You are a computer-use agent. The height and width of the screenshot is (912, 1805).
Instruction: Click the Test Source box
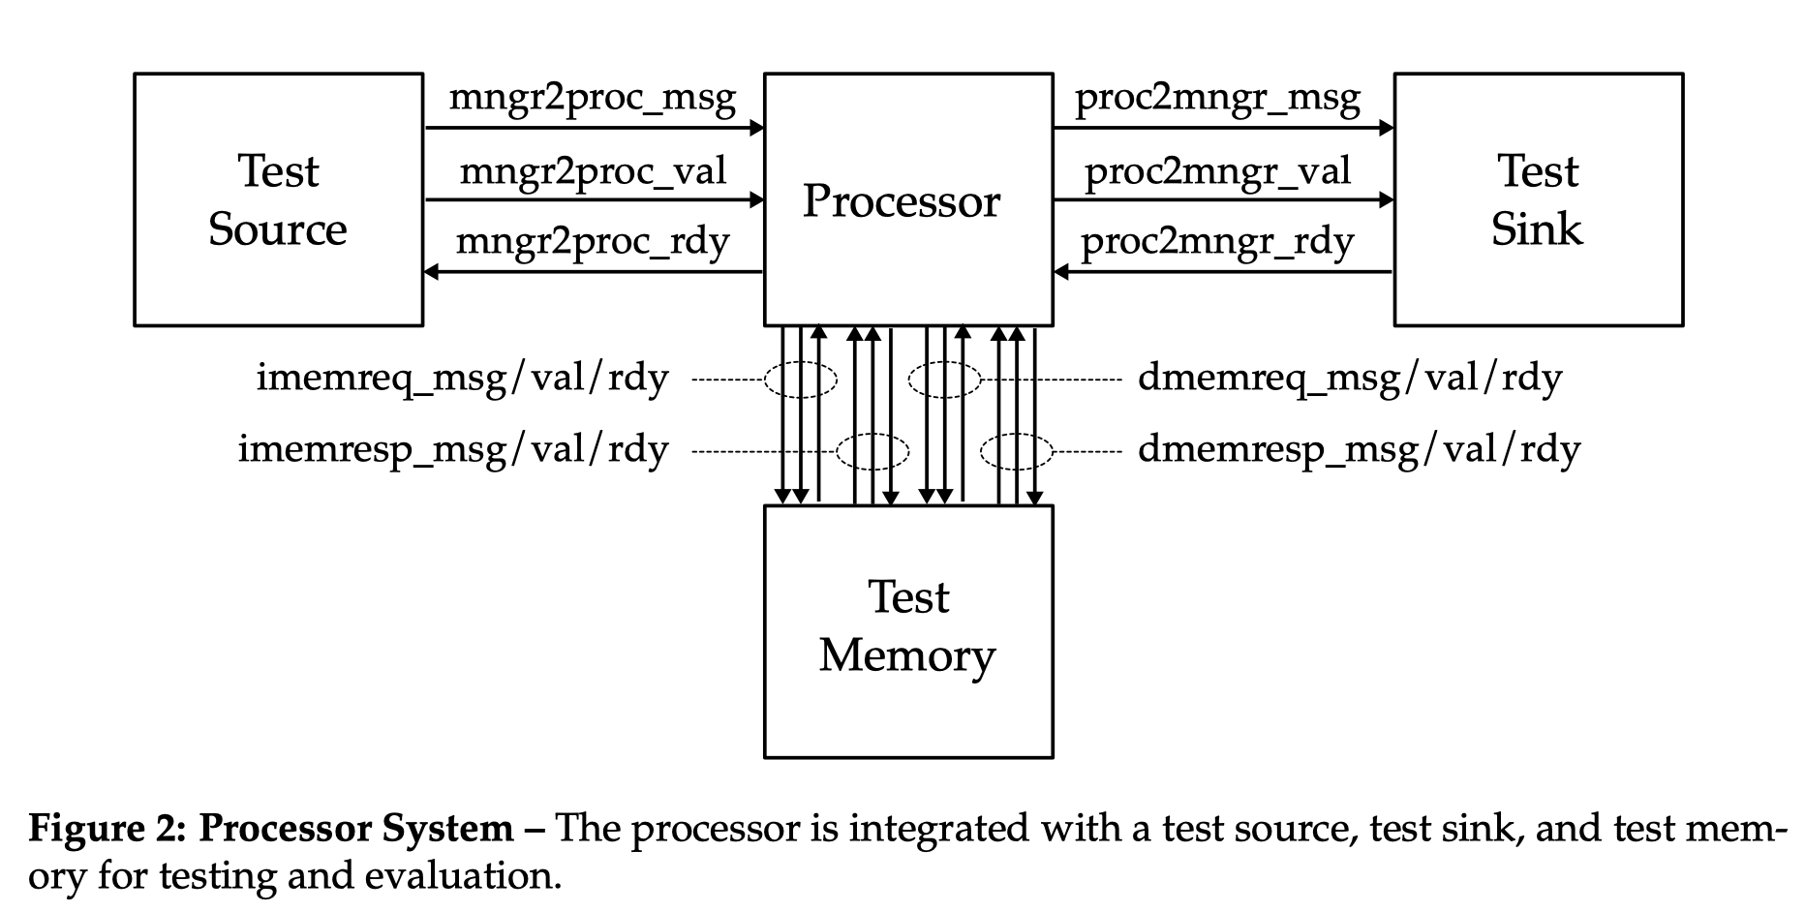point(278,199)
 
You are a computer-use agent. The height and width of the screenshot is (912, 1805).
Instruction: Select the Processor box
point(907,200)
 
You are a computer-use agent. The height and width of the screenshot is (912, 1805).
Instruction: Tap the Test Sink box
point(1538,199)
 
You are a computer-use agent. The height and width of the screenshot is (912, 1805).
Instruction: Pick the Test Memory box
point(907,630)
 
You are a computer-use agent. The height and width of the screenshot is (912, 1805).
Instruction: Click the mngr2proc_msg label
point(592,99)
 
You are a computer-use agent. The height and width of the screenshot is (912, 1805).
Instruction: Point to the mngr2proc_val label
point(592,172)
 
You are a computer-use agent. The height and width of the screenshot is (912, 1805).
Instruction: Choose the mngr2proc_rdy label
point(592,242)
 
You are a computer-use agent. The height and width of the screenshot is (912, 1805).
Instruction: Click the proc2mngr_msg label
point(1217,99)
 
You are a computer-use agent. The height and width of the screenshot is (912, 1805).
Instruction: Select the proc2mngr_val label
point(1217,172)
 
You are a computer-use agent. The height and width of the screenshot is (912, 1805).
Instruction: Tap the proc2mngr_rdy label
point(1217,242)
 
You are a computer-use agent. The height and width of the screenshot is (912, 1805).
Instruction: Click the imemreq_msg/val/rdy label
point(462,379)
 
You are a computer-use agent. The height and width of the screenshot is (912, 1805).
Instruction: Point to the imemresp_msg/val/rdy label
point(453,450)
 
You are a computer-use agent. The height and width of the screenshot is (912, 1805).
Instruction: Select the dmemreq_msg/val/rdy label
point(1350,379)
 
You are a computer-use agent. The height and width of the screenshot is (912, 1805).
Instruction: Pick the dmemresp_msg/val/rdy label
point(1359,450)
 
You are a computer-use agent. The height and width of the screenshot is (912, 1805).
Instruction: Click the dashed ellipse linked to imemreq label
point(800,380)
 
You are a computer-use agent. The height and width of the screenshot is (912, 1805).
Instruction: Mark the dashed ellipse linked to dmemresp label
point(1016,451)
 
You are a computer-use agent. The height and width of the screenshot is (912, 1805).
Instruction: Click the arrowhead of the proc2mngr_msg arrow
point(1387,127)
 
